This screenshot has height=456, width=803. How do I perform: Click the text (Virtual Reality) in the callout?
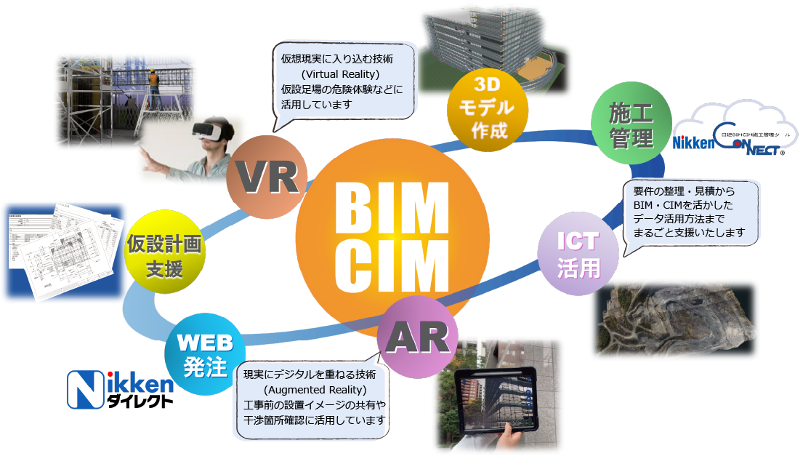[340, 74]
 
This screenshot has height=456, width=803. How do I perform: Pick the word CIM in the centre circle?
[384, 260]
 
